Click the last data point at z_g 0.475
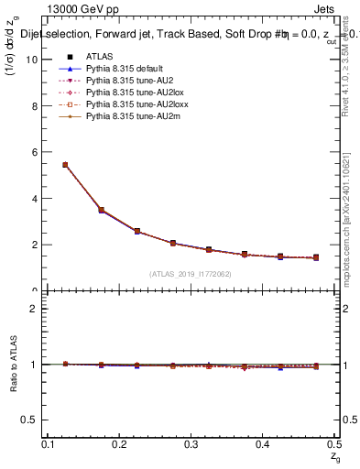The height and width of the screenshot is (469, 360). pos(316,258)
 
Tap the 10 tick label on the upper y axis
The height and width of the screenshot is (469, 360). pos(34,60)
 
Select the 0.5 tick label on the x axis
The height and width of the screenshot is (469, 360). pos(333,443)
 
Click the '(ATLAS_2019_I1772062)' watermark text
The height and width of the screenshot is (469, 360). pos(191,274)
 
